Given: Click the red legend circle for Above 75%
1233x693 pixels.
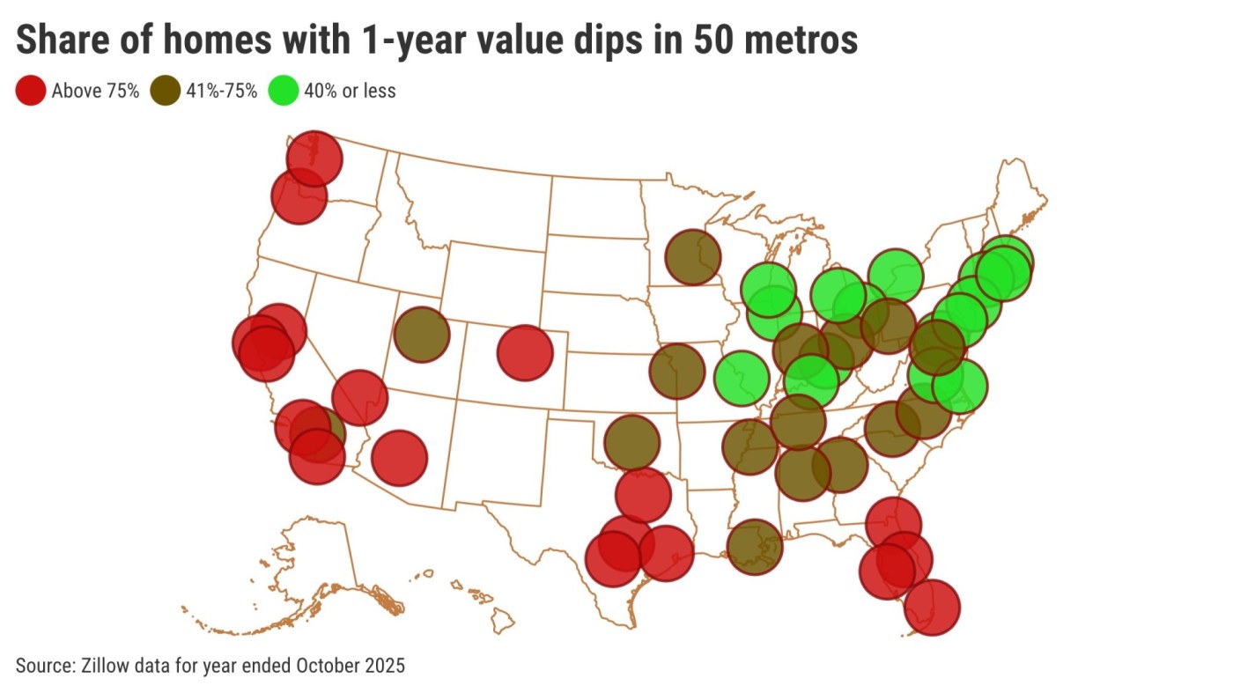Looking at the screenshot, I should point(31,91).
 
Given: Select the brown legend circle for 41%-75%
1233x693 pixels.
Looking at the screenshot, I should point(166,91).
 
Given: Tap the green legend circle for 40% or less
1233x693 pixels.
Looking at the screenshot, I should point(284,91).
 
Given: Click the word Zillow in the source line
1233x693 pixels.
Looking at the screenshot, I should point(106,665).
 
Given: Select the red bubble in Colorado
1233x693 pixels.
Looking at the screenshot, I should point(525,352).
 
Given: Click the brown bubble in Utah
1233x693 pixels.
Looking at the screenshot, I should point(422,335).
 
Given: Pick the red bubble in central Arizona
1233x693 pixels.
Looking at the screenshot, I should point(399,458).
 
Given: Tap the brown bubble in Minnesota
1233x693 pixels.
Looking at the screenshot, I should point(693,257).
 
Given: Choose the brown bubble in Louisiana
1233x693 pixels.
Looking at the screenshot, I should point(755,547).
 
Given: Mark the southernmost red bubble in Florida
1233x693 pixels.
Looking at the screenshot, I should point(932,607).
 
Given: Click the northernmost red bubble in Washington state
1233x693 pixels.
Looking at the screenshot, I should point(314,159).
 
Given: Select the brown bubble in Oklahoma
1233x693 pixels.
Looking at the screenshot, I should point(631,442).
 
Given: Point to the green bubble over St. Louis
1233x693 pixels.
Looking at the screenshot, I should point(742,378).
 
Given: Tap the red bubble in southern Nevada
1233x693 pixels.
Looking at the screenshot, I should point(359,398).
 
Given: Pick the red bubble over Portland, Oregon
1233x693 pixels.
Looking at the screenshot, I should point(299,197).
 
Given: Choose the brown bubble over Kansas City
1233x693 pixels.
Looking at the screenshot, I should point(677,372).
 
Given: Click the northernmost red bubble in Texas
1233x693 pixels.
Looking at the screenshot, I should point(644,495).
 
